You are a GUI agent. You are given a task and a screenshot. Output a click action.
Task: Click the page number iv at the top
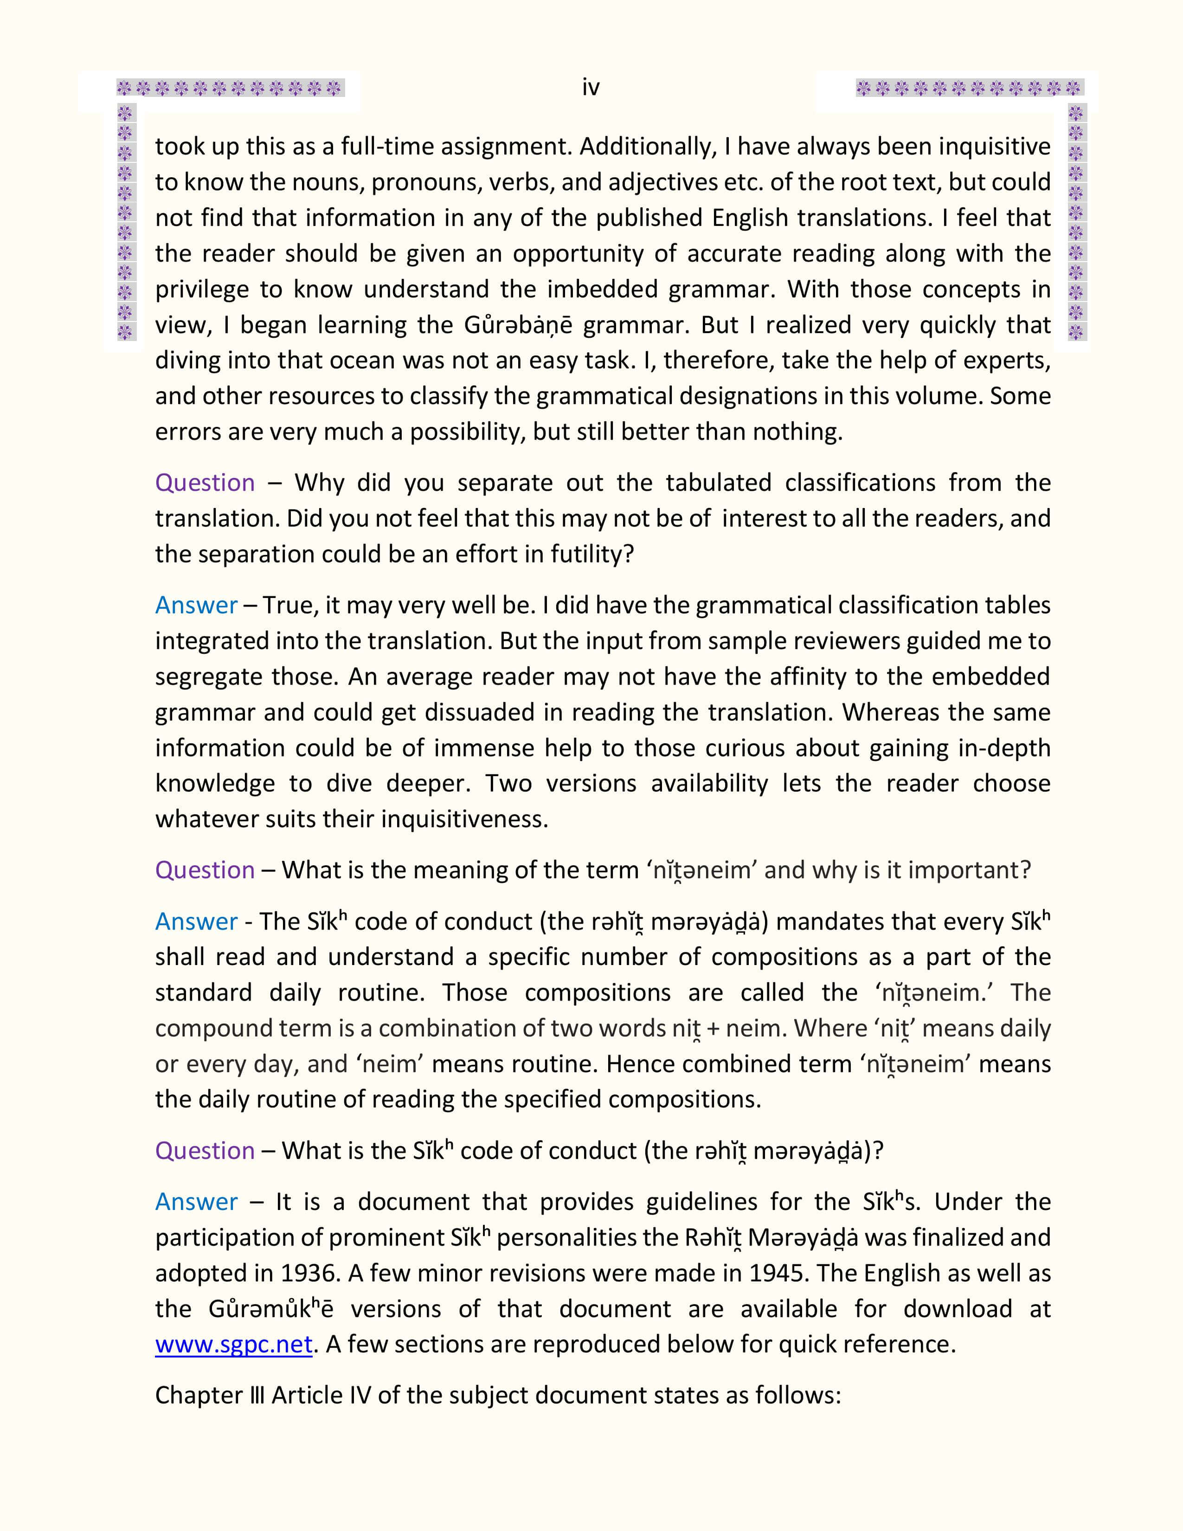click(x=591, y=88)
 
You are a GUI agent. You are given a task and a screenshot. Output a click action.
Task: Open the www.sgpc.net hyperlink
click(x=233, y=1344)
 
